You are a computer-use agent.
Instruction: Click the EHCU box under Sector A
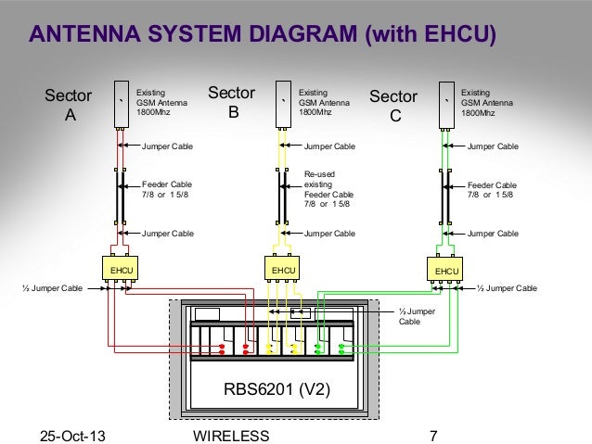[120, 268]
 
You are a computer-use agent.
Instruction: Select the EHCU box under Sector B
[282, 268]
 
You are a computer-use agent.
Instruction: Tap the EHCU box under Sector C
[444, 269]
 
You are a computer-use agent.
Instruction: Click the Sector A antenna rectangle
[122, 104]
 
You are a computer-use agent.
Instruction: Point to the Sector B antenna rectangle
[283, 104]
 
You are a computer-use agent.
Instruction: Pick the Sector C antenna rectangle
[446, 105]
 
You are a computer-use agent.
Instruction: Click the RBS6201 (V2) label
[277, 389]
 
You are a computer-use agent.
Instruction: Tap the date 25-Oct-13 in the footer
[72, 436]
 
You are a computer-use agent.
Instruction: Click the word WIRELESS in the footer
[231, 436]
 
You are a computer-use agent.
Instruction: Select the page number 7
[433, 436]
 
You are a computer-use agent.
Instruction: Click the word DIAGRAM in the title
[302, 33]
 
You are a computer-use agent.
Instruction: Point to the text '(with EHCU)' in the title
[431, 34]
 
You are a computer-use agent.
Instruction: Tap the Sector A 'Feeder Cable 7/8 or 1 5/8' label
[167, 189]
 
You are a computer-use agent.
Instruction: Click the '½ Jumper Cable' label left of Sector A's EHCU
[53, 288]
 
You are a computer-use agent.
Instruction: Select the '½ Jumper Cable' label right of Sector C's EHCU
[507, 288]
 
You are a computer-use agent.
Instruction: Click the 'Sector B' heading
[232, 102]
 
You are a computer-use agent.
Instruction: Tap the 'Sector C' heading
[393, 106]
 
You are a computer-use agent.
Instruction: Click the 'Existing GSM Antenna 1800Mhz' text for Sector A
[161, 102]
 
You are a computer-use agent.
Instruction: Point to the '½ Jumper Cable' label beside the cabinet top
[417, 316]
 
